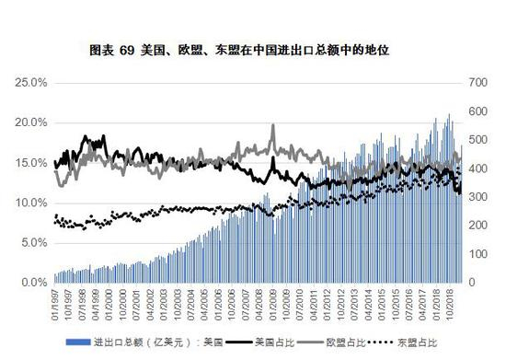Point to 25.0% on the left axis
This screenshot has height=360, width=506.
31,83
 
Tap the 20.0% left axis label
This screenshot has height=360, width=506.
31,123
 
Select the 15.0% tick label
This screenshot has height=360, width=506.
31,163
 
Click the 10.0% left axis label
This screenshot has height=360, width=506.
31,203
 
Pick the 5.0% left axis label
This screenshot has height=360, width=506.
33,243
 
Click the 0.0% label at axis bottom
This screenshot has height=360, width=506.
33,283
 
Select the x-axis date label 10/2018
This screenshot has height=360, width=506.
452,301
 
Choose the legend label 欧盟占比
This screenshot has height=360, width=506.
347,342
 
